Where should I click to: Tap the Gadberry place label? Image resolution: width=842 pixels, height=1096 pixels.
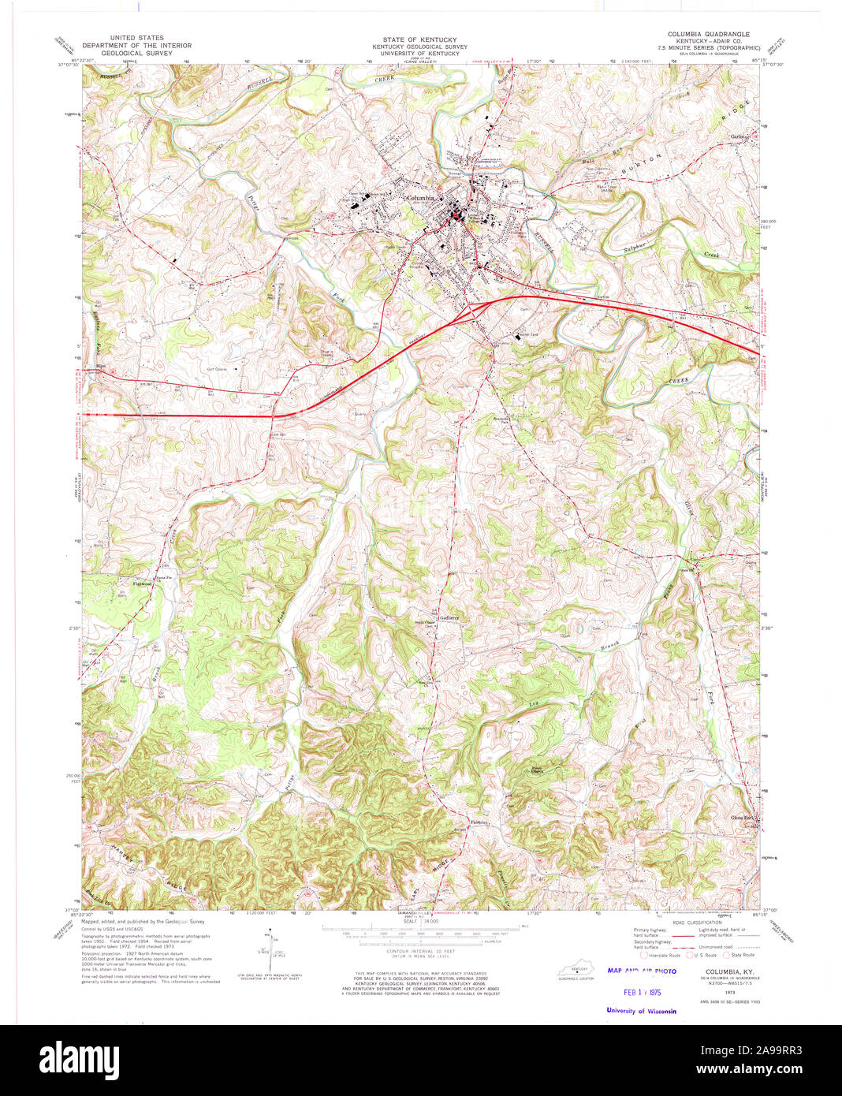pyautogui.click(x=449, y=617)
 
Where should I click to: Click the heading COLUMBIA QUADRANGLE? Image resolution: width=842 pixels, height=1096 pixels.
pyautogui.click(x=708, y=35)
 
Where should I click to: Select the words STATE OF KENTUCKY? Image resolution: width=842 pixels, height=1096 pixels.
pyautogui.click(x=419, y=39)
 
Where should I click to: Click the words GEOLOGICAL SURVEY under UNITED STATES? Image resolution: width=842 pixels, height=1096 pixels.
pyautogui.click(x=138, y=54)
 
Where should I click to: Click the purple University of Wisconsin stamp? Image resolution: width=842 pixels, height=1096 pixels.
pyautogui.click(x=641, y=1011)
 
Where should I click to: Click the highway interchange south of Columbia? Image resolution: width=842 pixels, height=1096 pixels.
pyautogui.click(x=475, y=311)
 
